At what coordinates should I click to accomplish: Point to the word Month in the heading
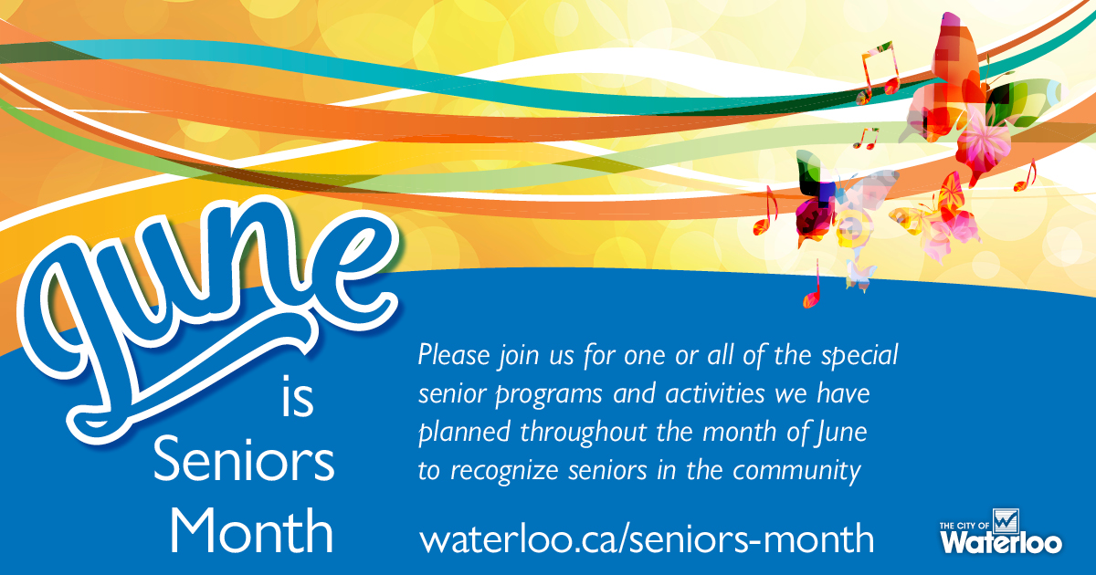[252, 529]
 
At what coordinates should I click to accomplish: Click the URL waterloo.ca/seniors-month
[647, 538]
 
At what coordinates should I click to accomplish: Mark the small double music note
[864, 138]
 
